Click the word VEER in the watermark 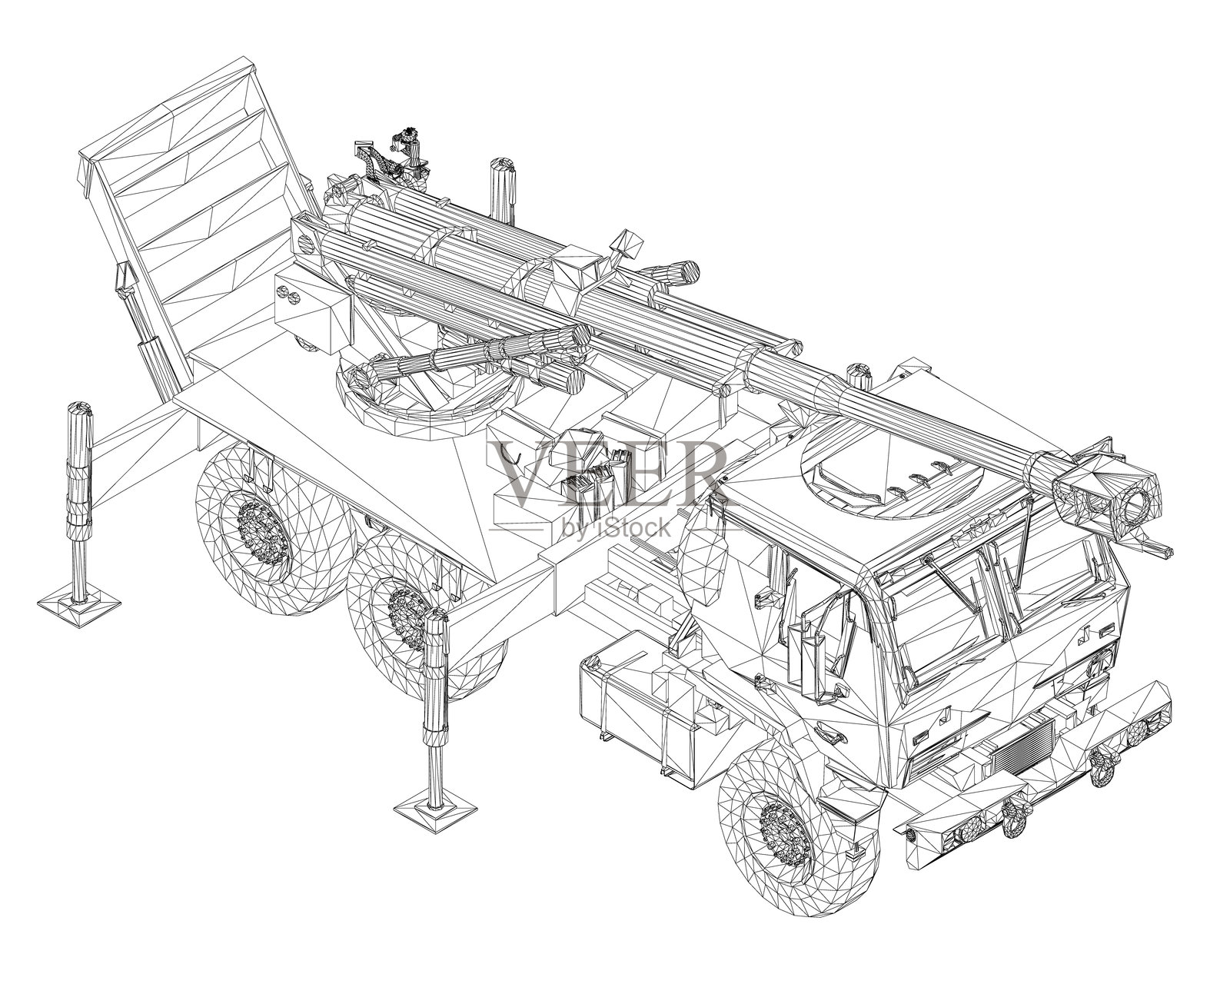(607, 474)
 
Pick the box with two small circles (311, 311)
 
